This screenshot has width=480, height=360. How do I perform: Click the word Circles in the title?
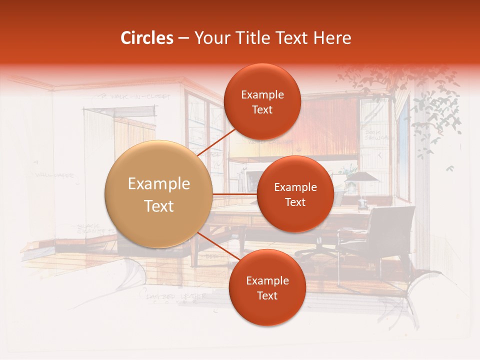147,38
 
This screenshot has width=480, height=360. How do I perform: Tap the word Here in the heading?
332,38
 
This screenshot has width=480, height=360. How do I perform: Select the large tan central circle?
159,194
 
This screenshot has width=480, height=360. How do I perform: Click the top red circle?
262,101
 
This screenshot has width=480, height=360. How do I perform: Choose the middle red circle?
295,194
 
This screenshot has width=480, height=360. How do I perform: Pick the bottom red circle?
267,287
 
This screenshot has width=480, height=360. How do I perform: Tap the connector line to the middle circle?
235,194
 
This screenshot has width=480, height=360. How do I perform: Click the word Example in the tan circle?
159,184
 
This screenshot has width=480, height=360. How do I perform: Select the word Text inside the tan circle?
159,206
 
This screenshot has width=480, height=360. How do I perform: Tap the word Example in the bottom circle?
267,280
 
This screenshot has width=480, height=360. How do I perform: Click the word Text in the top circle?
262,110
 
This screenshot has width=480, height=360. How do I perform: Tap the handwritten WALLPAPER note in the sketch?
55,175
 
